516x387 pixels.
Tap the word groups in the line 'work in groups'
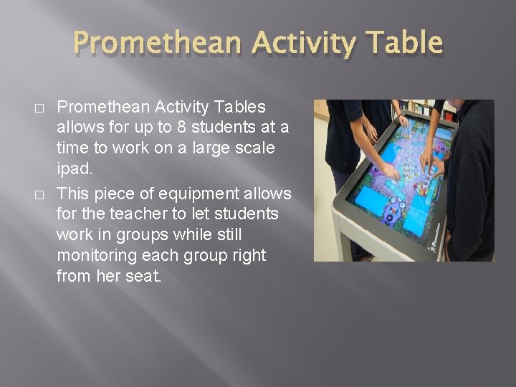tap(133, 234)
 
